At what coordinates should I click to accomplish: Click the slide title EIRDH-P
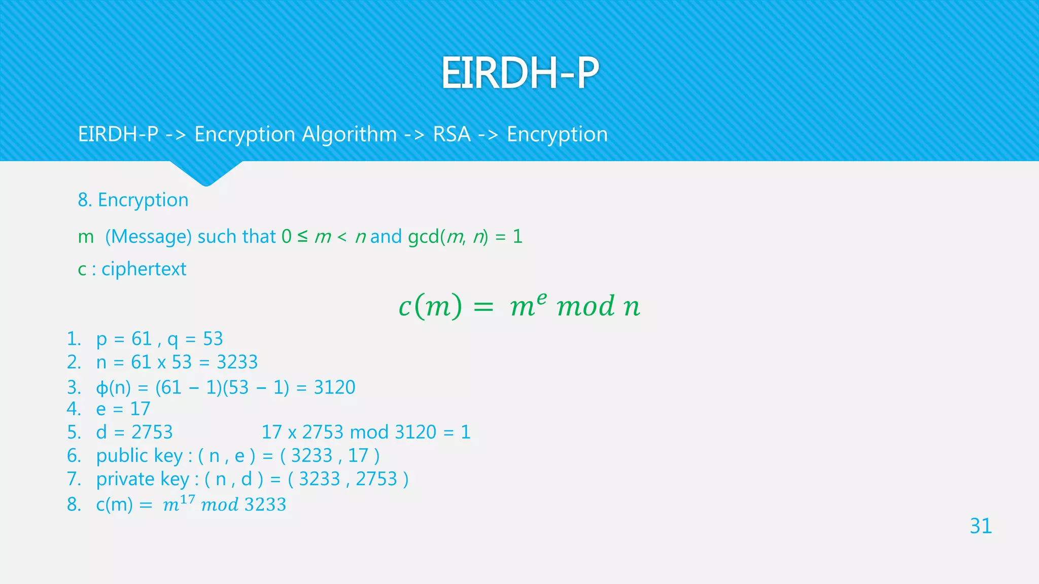519,73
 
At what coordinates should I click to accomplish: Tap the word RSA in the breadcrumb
452,134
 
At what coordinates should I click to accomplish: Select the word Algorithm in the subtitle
349,134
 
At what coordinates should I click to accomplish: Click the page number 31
981,526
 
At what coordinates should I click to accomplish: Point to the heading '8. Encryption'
133,200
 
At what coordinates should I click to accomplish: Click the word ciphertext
144,269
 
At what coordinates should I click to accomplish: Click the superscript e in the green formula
542,298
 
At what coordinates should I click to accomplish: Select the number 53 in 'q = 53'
213,339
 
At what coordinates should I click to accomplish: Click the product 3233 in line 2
237,362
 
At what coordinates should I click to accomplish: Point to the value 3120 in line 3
334,388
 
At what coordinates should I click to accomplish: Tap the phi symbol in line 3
102,388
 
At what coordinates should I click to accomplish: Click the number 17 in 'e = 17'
140,409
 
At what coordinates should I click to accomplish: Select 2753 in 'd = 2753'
152,432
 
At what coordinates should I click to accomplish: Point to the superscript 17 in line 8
187,500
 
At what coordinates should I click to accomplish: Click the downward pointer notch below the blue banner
206,175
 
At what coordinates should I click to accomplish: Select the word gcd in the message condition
423,237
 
